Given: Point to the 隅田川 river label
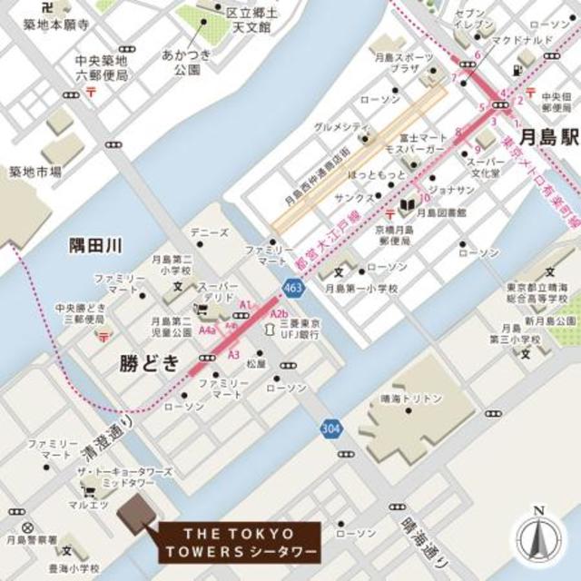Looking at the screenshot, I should click(95, 245).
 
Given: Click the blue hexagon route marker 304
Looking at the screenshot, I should click(330, 427).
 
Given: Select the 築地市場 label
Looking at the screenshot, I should click(35, 170).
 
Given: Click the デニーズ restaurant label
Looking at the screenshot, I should click(210, 232).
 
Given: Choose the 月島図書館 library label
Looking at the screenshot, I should click(442, 212).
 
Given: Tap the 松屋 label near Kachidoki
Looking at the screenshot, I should click(256, 363).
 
